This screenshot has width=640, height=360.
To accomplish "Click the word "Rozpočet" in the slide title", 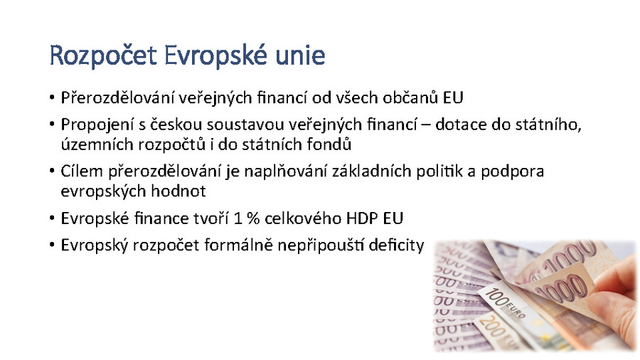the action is click(103, 56).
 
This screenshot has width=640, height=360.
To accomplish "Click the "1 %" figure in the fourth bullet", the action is click(247, 218).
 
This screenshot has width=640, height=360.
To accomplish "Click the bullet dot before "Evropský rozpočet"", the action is click(52, 245).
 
